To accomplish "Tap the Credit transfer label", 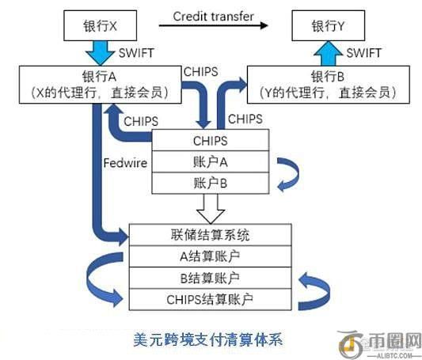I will click(x=215, y=16).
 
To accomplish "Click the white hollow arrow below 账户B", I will click(x=211, y=210).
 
